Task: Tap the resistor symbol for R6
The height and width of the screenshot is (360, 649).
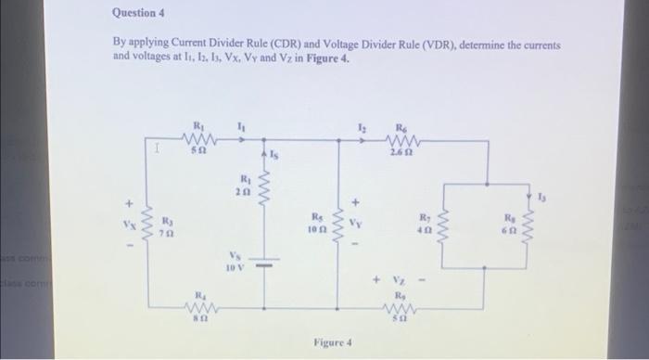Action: click(x=401, y=142)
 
